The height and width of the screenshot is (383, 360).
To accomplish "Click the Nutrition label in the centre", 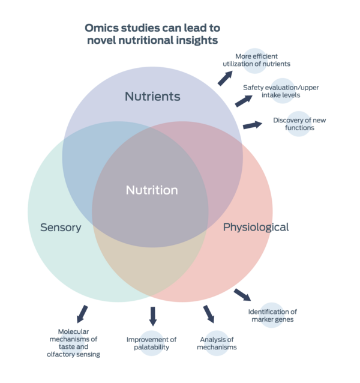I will tap(152, 190).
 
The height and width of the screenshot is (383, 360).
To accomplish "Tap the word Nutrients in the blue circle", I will tap(152, 97).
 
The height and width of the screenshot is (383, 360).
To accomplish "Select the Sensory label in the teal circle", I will tap(61, 228).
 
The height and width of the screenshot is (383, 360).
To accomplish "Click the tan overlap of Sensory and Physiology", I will tap(150, 258).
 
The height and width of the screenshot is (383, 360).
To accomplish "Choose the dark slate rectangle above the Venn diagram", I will tap(153, 35).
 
